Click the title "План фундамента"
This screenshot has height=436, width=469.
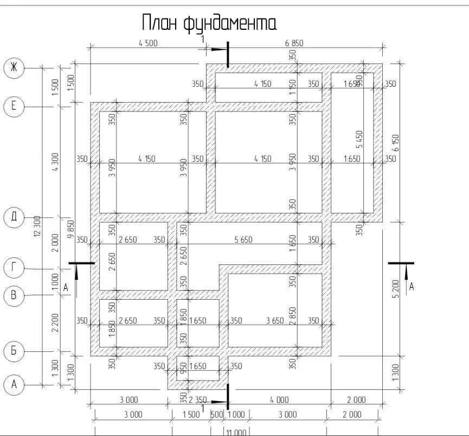(209, 23)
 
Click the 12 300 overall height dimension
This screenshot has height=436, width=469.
(37, 225)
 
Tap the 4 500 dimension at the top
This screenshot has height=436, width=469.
(147, 43)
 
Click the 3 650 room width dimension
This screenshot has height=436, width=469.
(275, 321)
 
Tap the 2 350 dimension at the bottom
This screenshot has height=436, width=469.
(198, 400)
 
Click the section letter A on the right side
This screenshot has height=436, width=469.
(412, 286)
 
